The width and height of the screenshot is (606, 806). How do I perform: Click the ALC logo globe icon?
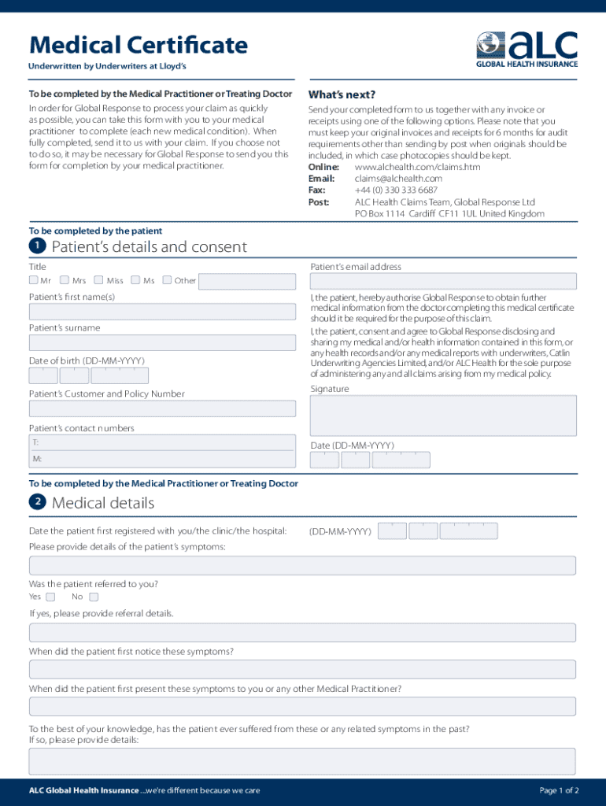click(x=490, y=45)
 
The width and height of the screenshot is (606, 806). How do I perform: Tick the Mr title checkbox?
click(x=34, y=280)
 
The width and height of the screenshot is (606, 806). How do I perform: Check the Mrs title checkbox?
click(x=65, y=280)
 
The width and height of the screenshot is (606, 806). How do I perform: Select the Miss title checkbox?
click(x=99, y=280)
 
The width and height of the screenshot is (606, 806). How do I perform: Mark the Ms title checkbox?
click(x=135, y=280)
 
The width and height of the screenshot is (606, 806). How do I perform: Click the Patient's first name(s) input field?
click(x=162, y=311)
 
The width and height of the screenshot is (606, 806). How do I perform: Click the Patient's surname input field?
click(x=162, y=342)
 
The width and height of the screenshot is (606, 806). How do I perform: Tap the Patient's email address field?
click(x=443, y=281)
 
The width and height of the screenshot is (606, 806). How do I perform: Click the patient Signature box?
click(x=443, y=415)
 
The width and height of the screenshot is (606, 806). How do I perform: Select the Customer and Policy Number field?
click(x=162, y=409)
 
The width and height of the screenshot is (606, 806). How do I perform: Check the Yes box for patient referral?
click(x=50, y=597)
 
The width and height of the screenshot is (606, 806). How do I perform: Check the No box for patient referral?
click(x=94, y=597)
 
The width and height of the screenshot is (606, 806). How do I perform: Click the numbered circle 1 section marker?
click(x=37, y=246)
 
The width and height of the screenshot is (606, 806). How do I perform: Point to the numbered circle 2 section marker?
click(x=37, y=502)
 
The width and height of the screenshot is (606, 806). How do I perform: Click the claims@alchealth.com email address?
click(x=398, y=179)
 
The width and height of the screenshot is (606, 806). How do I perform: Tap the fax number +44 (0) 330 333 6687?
click(x=396, y=190)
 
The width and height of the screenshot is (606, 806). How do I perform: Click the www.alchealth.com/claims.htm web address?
click(x=417, y=168)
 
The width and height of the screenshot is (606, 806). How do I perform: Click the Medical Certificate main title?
click(x=139, y=46)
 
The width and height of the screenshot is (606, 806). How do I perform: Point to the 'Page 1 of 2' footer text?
click(x=559, y=790)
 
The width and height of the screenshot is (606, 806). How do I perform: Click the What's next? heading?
click(x=342, y=94)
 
